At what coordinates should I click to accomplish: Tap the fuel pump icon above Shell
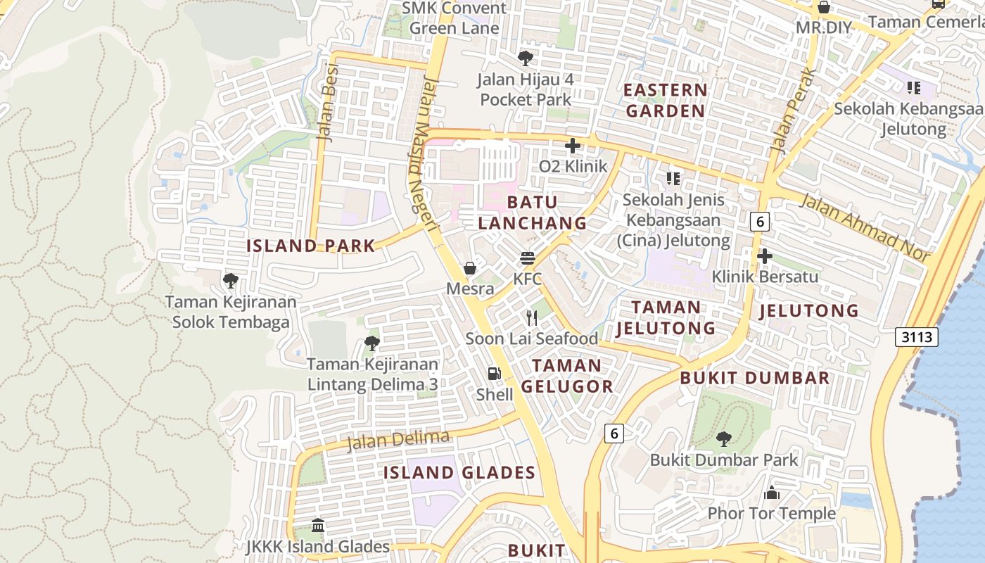(x=495, y=374)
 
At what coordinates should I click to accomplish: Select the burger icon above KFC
(x=528, y=258)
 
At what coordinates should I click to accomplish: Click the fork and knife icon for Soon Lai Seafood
(x=532, y=318)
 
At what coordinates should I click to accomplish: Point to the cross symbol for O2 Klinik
(x=573, y=146)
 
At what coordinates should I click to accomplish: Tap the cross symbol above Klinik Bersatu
(x=765, y=255)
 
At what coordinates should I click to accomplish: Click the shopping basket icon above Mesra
(x=470, y=268)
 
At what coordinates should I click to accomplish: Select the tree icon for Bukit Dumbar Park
(x=723, y=439)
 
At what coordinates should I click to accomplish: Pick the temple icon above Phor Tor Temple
(x=772, y=493)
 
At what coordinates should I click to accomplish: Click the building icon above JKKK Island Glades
(x=318, y=526)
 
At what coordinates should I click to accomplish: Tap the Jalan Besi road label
(x=329, y=103)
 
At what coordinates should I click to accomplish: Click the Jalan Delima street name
(x=398, y=441)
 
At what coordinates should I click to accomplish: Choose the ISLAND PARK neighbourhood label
(x=310, y=246)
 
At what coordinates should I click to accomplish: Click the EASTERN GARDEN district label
(x=666, y=100)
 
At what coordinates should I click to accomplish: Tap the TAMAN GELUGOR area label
(x=567, y=376)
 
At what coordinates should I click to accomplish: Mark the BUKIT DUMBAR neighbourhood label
(x=755, y=378)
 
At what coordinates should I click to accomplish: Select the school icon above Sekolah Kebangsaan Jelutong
(x=914, y=88)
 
